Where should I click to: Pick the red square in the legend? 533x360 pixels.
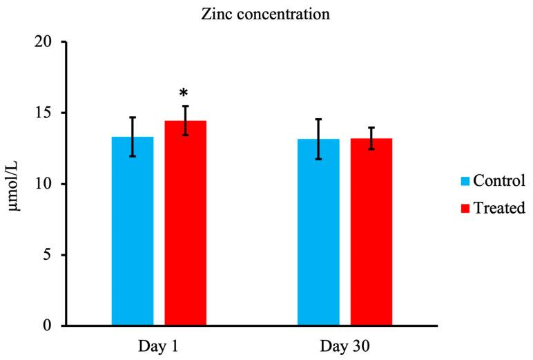point(465,207)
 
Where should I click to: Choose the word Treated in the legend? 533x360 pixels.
point(499,207)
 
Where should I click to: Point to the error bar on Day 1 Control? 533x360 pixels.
point(133,137)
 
